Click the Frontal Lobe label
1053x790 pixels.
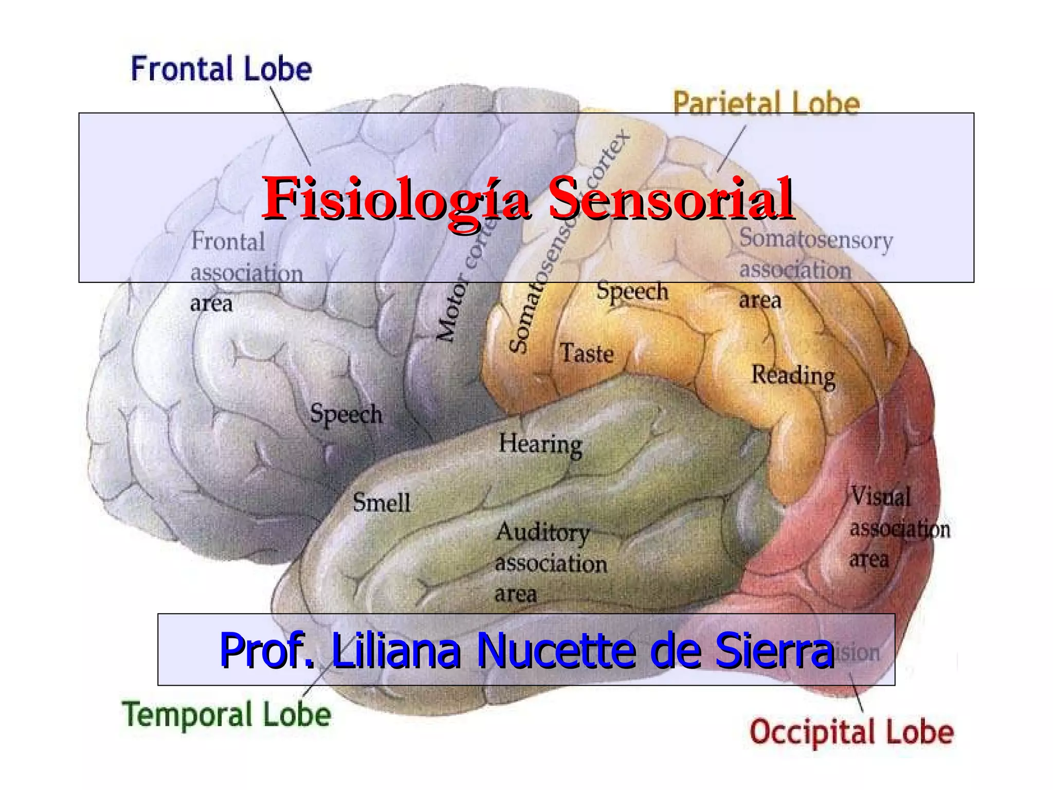click(x=221, y=69)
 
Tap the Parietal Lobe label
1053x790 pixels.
click(x=766, y=103)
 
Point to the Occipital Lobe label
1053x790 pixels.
click(x=851, y=732)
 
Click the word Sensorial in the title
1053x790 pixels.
click(x=670, y=199)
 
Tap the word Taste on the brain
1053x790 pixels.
click(x=587, y=353)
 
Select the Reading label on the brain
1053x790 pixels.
click(x=793, y=375)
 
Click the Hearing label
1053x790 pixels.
click(x=540, y=444)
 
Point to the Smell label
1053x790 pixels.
click(x=382, y=502)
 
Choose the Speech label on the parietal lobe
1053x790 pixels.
click(x=632, y=292)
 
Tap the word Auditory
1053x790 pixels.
click(x=542, y=533)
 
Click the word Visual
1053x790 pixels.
click(x=880, y=497)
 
